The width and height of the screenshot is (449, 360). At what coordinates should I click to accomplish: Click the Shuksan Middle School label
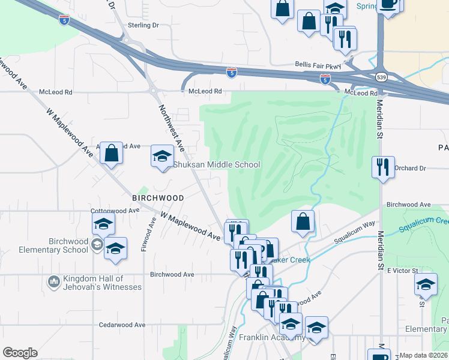(217, 164)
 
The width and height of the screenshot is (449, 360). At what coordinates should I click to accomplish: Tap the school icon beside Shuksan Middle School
(161, 157)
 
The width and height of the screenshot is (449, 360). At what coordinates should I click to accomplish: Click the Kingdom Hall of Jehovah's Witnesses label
(102, 283)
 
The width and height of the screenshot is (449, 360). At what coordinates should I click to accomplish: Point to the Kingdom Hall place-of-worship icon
(53, 281)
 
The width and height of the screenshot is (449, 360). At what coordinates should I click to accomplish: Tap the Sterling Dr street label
(143, 26)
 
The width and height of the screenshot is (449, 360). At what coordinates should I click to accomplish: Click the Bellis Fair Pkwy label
(318, 64)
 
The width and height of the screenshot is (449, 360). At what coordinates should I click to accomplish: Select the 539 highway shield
(382, 77)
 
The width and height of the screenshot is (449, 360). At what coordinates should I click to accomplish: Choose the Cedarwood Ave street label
(122, 325)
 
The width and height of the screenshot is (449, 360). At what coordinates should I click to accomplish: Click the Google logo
(20, 353)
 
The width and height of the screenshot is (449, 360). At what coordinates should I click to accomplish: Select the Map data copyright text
(423, 355)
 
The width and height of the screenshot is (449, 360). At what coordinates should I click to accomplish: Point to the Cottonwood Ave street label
(115, 211)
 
